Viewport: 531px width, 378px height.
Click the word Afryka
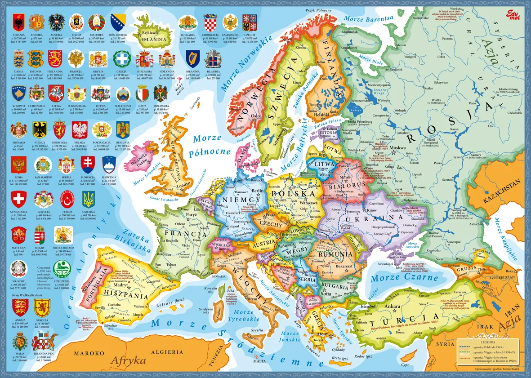tap(128, 360)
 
